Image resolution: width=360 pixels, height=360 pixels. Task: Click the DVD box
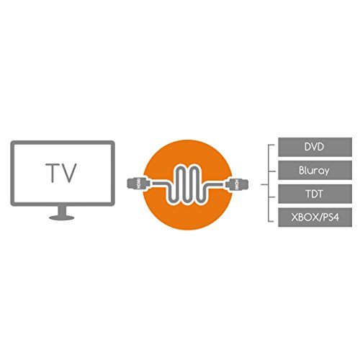click(x=315, y=147)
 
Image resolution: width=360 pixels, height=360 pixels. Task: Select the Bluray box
click(x=315, y=171)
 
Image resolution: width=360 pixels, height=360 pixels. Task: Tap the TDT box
click(x=315, y=194)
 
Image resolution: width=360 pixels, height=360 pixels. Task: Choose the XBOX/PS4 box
click(x=315, y=217)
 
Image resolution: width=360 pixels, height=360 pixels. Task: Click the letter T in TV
click(x=53, y=173)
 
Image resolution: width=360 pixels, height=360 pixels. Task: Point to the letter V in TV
click(x=69, y=173)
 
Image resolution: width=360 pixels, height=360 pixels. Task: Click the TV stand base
click(x=62, y=217)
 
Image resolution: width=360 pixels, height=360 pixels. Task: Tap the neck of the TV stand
click(x=62, y=210)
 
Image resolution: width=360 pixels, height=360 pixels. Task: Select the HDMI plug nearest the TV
click(x=138, y=184)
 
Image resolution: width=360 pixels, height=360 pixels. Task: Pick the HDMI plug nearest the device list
click(x=237, y=184)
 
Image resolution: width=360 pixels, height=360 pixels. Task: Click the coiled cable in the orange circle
click(x=188, y=184)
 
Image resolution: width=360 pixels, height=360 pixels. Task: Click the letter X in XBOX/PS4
click(x=295, y=217)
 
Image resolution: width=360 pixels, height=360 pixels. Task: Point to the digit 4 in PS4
click(x=335, y=217)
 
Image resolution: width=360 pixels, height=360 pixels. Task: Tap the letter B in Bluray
click(x=302, y=170)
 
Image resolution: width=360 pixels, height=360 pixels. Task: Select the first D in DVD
click(x=308, y=147)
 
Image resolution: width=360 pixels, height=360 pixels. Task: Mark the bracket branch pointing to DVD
click(x=271, y=145)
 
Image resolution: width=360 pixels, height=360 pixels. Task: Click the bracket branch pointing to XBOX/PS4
click(x=271, y=221)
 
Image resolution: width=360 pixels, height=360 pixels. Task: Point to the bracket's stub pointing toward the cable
click(x=264, y=185)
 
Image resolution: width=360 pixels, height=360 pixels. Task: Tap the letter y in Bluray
click(x=326, y=172)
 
